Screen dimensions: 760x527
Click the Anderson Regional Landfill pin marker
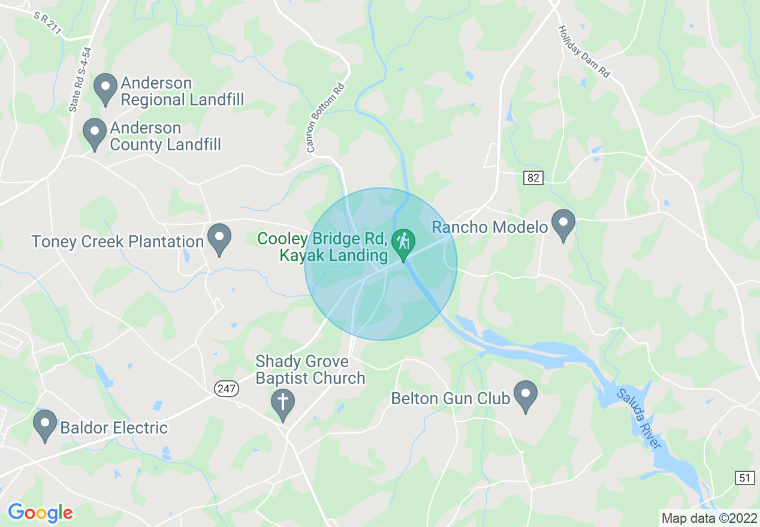coord(105,89)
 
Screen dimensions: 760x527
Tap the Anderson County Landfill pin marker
coord(94,134)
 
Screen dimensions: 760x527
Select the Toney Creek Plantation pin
coord(219,239)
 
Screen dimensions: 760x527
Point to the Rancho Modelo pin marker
coord(563,225)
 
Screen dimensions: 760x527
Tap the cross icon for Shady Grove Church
coord(282,404)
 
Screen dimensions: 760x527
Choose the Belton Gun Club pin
coord(526,396)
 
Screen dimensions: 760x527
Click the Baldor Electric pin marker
coord(44,425)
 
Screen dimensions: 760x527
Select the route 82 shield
coord(533,178)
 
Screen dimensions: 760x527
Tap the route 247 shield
coord(227,389)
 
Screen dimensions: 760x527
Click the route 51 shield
coord(744,477)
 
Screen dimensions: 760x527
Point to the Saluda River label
coord(640,419)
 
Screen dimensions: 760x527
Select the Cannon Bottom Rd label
coord(327,117)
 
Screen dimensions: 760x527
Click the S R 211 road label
coord(47,22)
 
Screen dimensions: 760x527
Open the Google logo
coord(40,513)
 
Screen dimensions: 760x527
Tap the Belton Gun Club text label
coord(450,398)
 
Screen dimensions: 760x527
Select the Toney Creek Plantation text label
coord(117,242)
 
